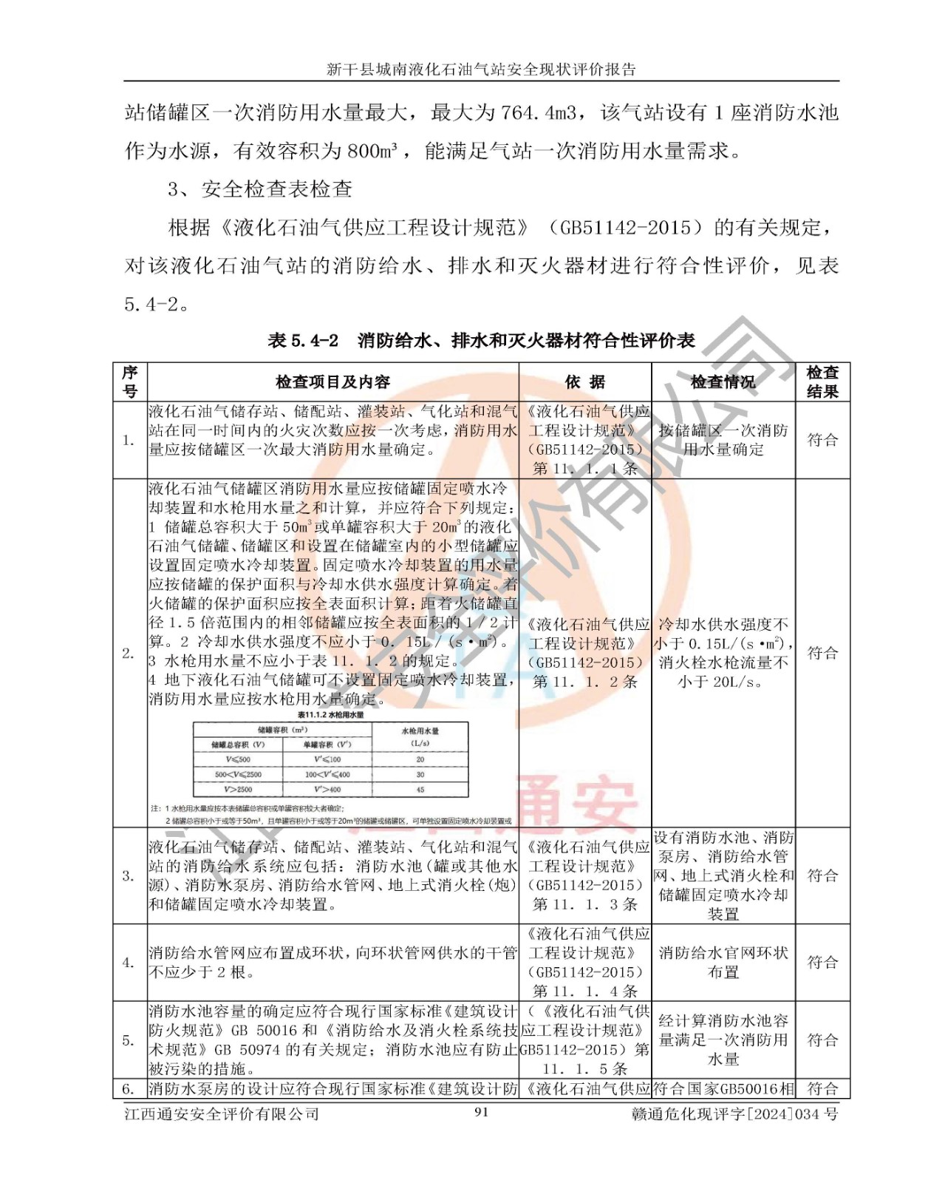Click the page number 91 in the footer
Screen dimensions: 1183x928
pos(481,1111)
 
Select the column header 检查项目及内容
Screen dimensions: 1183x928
pos(332,382)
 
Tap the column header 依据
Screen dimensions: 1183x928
pos(584,382)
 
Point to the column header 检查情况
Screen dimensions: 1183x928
pos(723,382)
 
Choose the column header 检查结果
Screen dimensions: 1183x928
pos(822,382)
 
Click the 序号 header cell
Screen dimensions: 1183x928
pos(130,382)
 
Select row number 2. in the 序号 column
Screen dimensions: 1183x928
pos(129,654)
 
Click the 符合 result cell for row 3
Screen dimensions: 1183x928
pos(822,876)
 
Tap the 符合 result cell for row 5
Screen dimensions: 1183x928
pos(822,1040)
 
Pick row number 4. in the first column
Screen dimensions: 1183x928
pos(129,963)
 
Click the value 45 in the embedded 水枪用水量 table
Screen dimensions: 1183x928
pos(420,790)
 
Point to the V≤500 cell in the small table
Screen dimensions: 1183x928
pos(238,759)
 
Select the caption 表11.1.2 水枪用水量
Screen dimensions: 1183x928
pos(330,715)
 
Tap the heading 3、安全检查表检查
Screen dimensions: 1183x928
pos(259,189)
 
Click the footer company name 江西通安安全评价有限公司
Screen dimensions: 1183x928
pos(222,1113)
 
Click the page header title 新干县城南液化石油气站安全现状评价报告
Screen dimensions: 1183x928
pos(481,70)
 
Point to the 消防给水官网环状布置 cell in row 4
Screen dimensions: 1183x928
pos(723,963)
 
